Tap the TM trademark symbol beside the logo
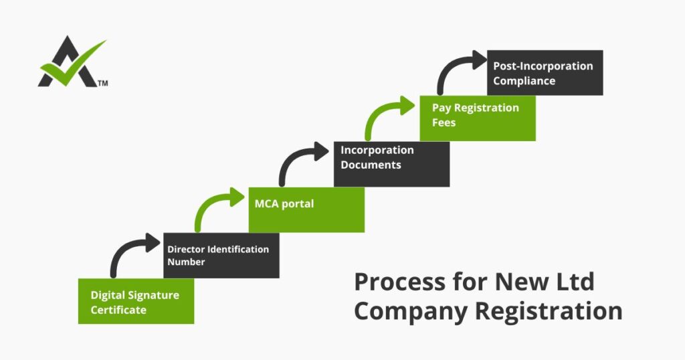103,84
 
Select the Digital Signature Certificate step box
136,301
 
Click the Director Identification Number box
221,255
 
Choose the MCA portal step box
306,209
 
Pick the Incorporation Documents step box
391,163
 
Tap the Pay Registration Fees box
477,118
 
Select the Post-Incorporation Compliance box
544,72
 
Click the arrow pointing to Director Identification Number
131,253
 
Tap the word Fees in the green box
444,122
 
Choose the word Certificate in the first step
118,310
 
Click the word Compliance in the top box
524,80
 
